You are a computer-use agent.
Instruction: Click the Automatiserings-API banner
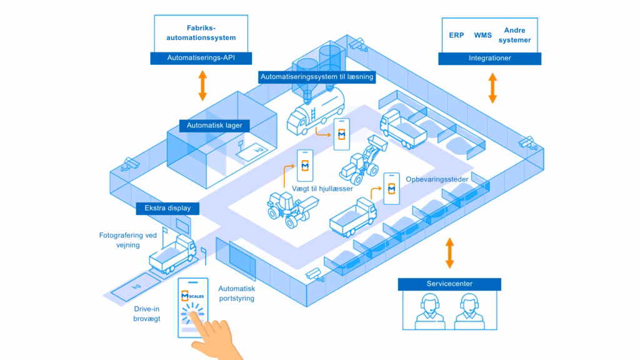click(x=201, y=58)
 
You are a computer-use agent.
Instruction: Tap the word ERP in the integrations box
click(x=456, y=35)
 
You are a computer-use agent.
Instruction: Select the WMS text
click(x=483, y=35)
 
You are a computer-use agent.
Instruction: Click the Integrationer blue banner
click(x=490, y=58)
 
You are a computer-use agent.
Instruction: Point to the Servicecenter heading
click(x=449, y=284)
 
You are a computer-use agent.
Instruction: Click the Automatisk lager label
click(x=214, y=126)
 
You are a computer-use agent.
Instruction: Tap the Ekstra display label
click(x=167, y=208)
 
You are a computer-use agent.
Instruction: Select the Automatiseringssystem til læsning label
click(x=317, y=77)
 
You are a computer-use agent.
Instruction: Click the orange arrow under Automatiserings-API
click(x=202, y=85)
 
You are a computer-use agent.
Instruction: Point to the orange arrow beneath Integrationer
click(x=492, y=87)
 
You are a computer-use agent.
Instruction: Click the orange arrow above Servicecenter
click(x=449, y=253)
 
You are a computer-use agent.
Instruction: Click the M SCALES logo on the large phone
click(x=192, y=296)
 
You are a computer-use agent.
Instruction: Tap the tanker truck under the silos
click(x=316, y=111)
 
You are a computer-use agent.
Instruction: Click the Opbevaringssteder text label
click(x=437, y=179)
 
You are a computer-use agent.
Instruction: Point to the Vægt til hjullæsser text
click(x=322, y=189)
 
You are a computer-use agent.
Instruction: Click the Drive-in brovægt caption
click(x=146, y=314)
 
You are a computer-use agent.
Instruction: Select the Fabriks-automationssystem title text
click(x=201, y=32)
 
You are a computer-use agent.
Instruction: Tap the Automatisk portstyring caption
click(x=237, y=294)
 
